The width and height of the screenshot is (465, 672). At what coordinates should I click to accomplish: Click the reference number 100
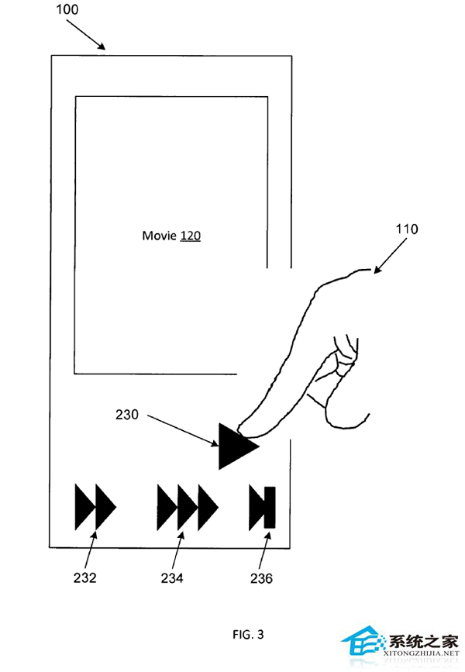tap(67, 9)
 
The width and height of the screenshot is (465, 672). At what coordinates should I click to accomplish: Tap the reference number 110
tap(407, 229)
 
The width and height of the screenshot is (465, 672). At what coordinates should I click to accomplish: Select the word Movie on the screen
tap(160, 236)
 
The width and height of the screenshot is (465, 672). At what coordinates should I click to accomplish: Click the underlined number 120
tap(191, 236)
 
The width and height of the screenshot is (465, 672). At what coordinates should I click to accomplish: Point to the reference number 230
tap(127, 415)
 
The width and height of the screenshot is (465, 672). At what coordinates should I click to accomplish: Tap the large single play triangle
tap(238, 446)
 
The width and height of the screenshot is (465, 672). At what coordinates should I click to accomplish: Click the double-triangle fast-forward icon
tap(95, 507)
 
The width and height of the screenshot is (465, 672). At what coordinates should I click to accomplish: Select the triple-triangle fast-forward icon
tap(188, 508)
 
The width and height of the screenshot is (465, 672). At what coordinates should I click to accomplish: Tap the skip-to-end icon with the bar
tap(262, 508)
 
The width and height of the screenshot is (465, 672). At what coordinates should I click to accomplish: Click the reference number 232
tap(84, 577)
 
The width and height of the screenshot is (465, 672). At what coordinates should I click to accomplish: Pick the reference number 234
tap(172, 578)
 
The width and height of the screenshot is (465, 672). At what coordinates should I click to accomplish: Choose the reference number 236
tap(261, 578)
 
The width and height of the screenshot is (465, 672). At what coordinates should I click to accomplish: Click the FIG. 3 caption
tap(248, 634)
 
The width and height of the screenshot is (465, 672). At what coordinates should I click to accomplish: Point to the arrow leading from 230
tap(183, 430)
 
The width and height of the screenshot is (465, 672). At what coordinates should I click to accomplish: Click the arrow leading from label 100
tap(86, 35)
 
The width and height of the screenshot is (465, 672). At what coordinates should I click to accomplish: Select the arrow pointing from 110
tap(391, 256)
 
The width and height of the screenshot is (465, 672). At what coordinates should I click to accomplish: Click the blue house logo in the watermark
tap(361, 642)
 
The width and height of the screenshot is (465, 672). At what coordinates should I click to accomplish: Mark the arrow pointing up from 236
tap(265, 551)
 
